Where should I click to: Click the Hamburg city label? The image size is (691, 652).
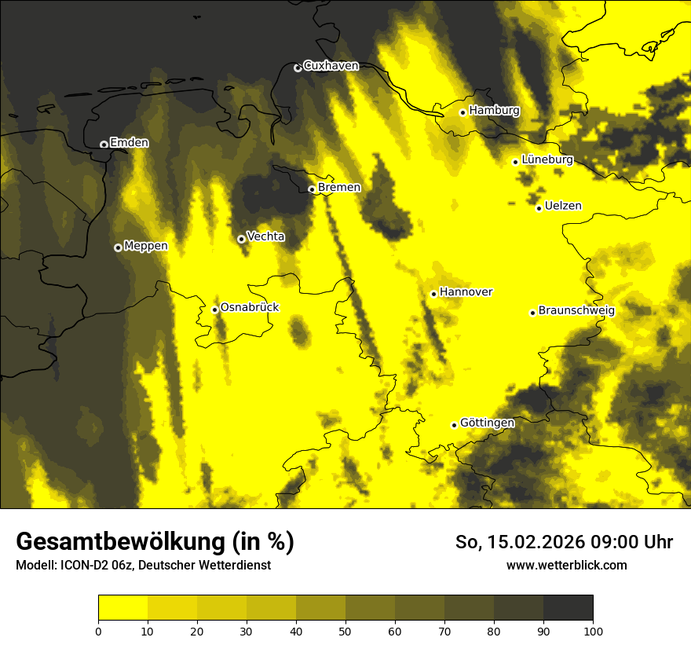point(494,111)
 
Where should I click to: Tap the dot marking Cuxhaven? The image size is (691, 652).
point(298,68)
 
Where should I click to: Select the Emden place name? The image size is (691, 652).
point(129,142)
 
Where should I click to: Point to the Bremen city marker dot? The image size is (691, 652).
point(312,189)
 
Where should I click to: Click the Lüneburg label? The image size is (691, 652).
point(547,159)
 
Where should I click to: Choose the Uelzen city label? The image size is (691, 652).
point(563,206)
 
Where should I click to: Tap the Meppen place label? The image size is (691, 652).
point(146,246)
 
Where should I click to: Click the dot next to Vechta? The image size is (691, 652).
point(241,239)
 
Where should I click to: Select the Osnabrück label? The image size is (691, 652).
point(250,307)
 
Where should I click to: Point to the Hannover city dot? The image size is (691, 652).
point(433,294)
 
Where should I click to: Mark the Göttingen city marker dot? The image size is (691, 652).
point(454,425)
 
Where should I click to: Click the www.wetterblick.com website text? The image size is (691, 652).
point(566,566)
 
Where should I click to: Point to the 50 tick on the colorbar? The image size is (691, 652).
point(345,630)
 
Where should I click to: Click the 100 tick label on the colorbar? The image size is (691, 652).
point(593,630)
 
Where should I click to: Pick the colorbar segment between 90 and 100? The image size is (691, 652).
point(568,607)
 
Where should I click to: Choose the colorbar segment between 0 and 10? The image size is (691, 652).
point(122,607)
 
